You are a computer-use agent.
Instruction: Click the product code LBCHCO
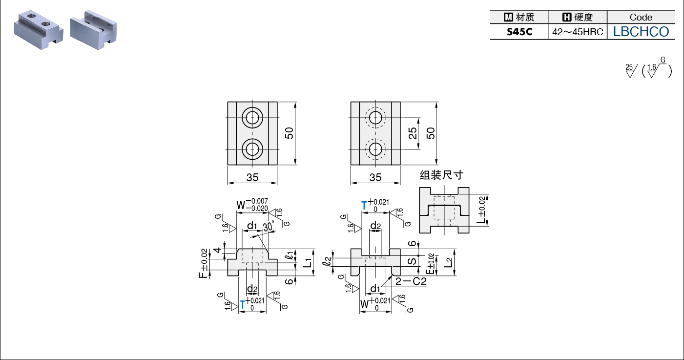click(641, 32)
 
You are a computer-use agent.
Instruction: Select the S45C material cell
click(519, 32)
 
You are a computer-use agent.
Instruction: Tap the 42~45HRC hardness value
click(578, 32)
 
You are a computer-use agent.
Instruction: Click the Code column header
click(641, 17)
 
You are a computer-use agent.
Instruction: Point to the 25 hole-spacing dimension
click(413, 133)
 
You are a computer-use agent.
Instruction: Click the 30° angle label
click(269, 226)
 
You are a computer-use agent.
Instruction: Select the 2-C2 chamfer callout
click(411, 281)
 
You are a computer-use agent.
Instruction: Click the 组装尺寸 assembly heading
click(441, 175)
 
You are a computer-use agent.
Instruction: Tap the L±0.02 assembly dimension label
click(481, 210)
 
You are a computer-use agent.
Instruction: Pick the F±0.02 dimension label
click(204, 263)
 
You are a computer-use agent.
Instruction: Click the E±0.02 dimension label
click(430, 264)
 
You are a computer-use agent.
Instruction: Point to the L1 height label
click(308, 263)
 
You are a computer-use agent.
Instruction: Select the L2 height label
click(448, 262)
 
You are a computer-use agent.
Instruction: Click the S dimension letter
click(412, 261)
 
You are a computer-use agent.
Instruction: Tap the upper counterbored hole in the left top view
click(252, 118)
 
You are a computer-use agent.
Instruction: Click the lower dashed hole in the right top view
click(375, 149)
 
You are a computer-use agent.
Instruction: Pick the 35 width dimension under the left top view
click(252, 177)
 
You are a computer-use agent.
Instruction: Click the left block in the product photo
click(39, 30)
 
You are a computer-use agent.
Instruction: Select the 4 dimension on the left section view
click(217, 250)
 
